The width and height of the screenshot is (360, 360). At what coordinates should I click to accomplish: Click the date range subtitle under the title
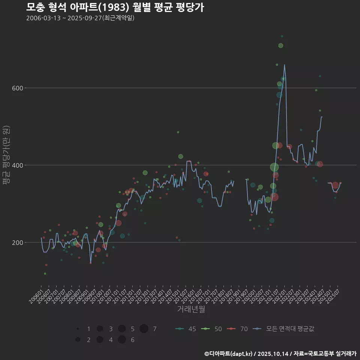click(80, 18)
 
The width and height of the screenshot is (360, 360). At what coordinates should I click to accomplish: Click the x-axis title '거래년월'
click(191, 309)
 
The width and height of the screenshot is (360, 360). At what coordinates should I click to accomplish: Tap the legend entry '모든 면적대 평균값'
click(284, 329)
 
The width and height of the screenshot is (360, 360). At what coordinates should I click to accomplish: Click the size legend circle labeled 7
click(144, 329)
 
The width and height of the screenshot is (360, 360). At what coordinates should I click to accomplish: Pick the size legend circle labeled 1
click(78, 329)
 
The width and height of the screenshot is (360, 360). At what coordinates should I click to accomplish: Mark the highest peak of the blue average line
click(284, 64)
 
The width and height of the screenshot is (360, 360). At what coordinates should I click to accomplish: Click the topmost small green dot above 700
click(282, 36)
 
